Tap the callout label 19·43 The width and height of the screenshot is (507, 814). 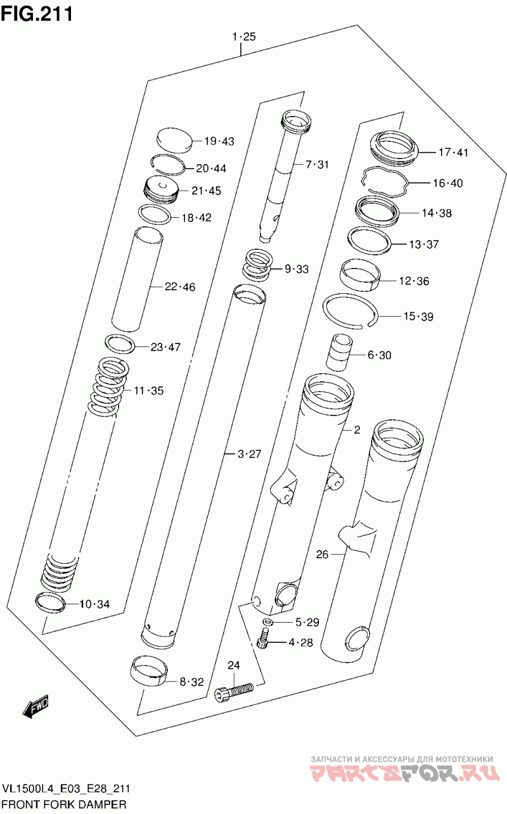(x=219, y=141)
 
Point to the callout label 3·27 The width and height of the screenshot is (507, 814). (x=249, y=454)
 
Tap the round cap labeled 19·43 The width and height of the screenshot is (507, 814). (x=174, y=140)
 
